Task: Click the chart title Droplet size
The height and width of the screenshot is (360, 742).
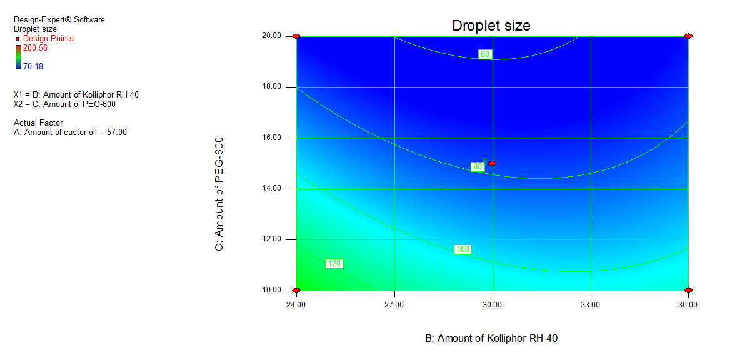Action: coord(491,26)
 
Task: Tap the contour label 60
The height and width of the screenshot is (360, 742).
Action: coord(485,54)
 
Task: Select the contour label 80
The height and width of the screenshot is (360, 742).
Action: coord(478,167)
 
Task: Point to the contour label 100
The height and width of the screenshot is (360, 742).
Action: coord(463,249)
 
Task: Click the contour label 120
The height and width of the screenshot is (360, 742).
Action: coord(334,264)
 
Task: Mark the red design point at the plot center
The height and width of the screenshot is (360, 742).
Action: coord(493,163)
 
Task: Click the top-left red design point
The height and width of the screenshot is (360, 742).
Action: coord(296,36)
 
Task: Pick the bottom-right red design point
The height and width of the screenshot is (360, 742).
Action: coord(688,291)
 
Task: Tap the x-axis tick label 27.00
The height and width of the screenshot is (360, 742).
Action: coord(394,305)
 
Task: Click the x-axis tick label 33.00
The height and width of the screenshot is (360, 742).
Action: coord(591,305)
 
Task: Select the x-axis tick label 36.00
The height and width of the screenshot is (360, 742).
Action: coord(688,305)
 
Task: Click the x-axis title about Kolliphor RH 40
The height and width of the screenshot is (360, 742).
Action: coord(491,338)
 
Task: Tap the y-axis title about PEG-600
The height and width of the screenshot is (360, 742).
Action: coord(219,195)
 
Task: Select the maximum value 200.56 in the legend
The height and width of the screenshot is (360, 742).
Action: coord(35,47)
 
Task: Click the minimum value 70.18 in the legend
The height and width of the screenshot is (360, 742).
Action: coord(33,66)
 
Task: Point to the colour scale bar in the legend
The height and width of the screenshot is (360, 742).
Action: coord(18,57)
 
